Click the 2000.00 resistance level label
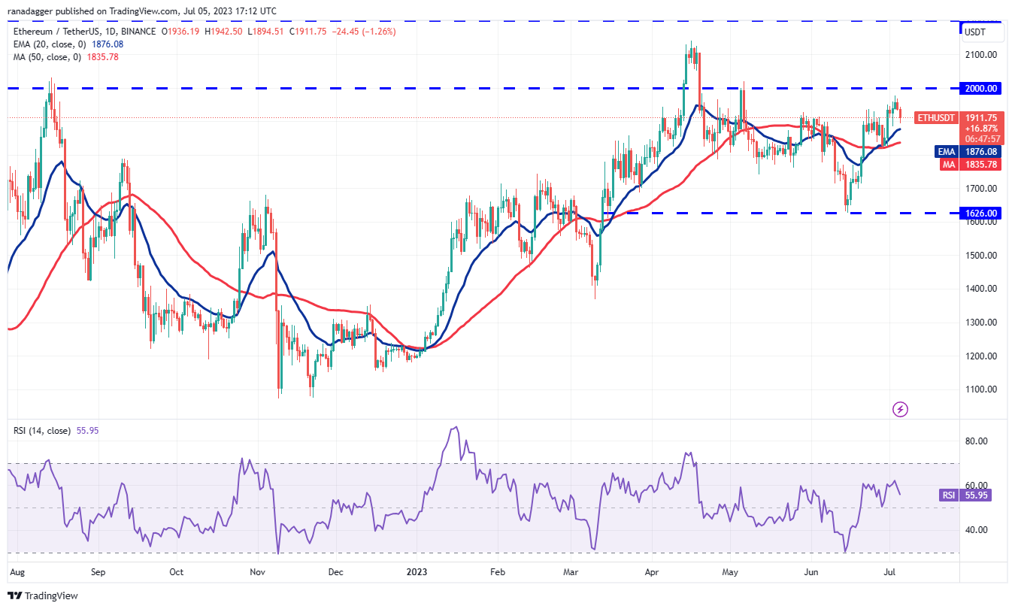(x=983, y=88)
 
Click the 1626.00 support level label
(x=983, y=214)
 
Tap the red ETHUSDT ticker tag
(x=935, y=118)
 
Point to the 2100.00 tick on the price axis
(x=983, y=55)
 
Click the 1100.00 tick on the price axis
(x=983, y=389)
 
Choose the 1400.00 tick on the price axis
(x=983, y=289)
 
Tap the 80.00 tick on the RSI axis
(x=977, y=441)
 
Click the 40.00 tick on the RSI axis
(x=977, y=530)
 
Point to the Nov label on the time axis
(x=257, y=571)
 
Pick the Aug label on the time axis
(x=17, y=571)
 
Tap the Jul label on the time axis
(x=899, y=571)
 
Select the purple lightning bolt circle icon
(x=900, y=409)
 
